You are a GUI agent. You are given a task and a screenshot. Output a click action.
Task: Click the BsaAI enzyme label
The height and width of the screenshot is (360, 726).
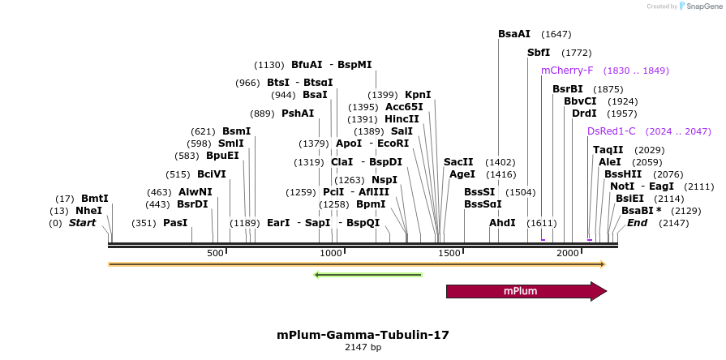coord(514,34)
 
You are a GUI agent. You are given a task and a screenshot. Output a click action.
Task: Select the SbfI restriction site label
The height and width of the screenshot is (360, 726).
coord(539,53)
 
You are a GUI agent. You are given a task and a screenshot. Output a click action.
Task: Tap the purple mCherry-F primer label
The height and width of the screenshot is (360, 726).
coord(567,71)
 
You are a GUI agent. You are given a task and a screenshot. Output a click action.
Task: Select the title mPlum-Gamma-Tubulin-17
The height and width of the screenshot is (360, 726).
coord(363,334)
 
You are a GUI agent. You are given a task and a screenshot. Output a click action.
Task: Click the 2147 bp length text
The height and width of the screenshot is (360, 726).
coord(363,348)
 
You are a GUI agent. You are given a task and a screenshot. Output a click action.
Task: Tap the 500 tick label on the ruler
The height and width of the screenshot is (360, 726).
coord(216,254)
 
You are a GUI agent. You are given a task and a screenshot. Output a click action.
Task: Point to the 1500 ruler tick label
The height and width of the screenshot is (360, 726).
coord(449,254)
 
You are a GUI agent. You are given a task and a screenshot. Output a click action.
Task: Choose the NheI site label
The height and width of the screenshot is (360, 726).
coord(89,211)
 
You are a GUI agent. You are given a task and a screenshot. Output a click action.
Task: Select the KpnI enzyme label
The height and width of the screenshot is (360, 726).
coord(418,95)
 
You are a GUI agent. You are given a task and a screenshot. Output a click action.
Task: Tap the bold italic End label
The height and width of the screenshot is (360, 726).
coord(638,223)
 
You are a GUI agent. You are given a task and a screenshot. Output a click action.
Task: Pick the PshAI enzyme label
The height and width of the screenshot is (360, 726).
coord(298,114)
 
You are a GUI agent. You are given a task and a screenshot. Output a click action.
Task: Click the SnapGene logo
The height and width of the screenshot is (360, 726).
coord(698,6)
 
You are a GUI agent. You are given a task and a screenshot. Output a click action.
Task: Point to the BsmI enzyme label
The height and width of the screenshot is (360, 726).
coord(236,131)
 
